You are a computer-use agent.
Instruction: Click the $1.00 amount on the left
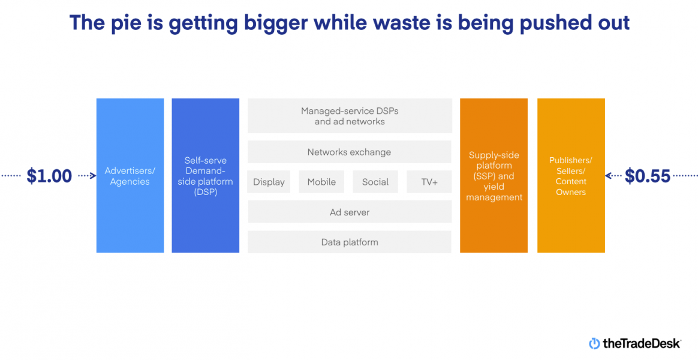point(49,176)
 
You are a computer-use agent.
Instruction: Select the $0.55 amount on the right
point(647,176)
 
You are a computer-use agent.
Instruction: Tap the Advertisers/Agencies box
point(130,176)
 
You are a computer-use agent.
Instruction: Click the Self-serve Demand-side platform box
point(205,176)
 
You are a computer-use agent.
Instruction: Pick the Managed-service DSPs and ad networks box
point(350,116)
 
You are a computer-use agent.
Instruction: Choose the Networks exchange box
point(349,152)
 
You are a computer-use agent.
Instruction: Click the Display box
point(269,182)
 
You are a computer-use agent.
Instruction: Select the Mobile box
point(321,182)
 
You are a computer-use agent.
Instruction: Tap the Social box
point(375,182)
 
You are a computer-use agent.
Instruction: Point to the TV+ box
point(429,182)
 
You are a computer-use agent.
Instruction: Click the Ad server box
point(350,212)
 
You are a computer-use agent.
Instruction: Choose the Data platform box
point(350,242)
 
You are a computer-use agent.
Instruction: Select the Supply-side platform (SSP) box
point(494,176)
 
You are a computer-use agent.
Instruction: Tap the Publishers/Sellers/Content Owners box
point(571,176)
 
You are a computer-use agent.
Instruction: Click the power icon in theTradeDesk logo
point(594,343)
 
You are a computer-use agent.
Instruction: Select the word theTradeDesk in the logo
point(642,343)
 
